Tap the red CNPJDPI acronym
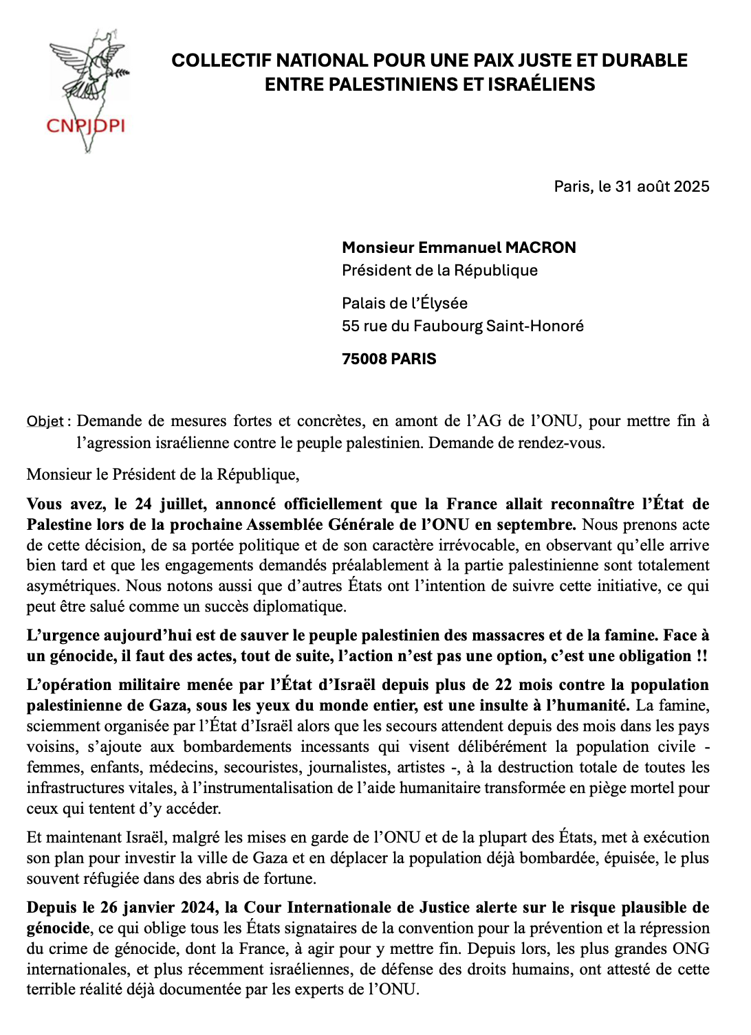tap(85, 126)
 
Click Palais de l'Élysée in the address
tap(404, 303)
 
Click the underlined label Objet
tap(45, 421)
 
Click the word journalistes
tap(344, 767)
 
